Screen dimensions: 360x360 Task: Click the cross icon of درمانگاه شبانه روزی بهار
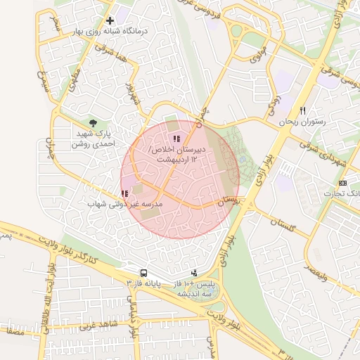[110, 21]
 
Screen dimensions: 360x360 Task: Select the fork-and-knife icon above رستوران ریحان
[303, 110]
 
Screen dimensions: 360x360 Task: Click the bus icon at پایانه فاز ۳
[143, 273]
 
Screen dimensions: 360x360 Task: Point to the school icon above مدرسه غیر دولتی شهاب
[124, 193]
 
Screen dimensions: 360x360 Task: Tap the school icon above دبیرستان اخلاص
[176, 139]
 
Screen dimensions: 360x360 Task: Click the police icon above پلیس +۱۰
[194, 273]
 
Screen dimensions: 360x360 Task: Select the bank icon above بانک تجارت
[342, 183]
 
